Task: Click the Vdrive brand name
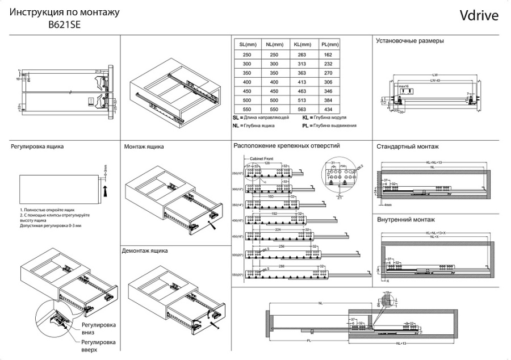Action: tap(479, 15)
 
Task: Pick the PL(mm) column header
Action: tap(328, 45)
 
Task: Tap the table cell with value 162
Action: tap(328, 55)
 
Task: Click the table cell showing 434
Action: tap(328, 109)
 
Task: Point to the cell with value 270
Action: tap(328, 73)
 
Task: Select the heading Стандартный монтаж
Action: tap(407, 146)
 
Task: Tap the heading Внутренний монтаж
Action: tap(405, 219)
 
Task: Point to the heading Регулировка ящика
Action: tap(37, 146)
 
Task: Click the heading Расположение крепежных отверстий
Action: tap(287, 146)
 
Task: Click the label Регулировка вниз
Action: tap(98, 328)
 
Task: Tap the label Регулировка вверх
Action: tap(98, 346)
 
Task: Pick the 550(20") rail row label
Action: tap(237, 275)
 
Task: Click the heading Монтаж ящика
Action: tap(144, 146)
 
